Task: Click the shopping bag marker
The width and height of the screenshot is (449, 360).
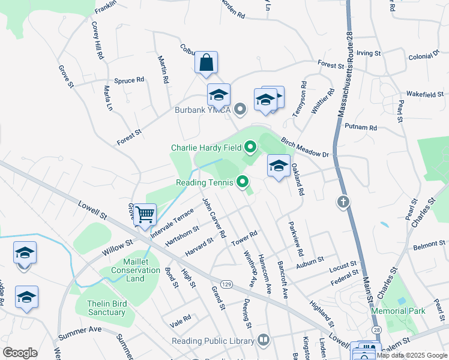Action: [x=206, y=62]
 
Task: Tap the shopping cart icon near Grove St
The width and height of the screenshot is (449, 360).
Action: [x=145, y=214]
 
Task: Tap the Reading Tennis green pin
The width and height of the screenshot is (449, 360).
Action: [x=243, y=181]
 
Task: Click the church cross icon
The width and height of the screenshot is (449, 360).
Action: [x=343, y=202]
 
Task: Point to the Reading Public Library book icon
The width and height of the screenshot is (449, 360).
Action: [x=263, y=341]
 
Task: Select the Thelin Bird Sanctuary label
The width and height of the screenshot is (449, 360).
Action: [x=107, y=308]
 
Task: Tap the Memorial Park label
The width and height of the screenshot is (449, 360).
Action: [x=398, y=311]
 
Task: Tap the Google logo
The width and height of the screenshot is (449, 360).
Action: [x=20, y=353]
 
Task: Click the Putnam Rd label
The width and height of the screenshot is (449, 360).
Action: [x=361, y=127]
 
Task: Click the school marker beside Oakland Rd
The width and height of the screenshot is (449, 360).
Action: [x=279, y=166]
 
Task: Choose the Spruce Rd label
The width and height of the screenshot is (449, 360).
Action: [x=129, y=79]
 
